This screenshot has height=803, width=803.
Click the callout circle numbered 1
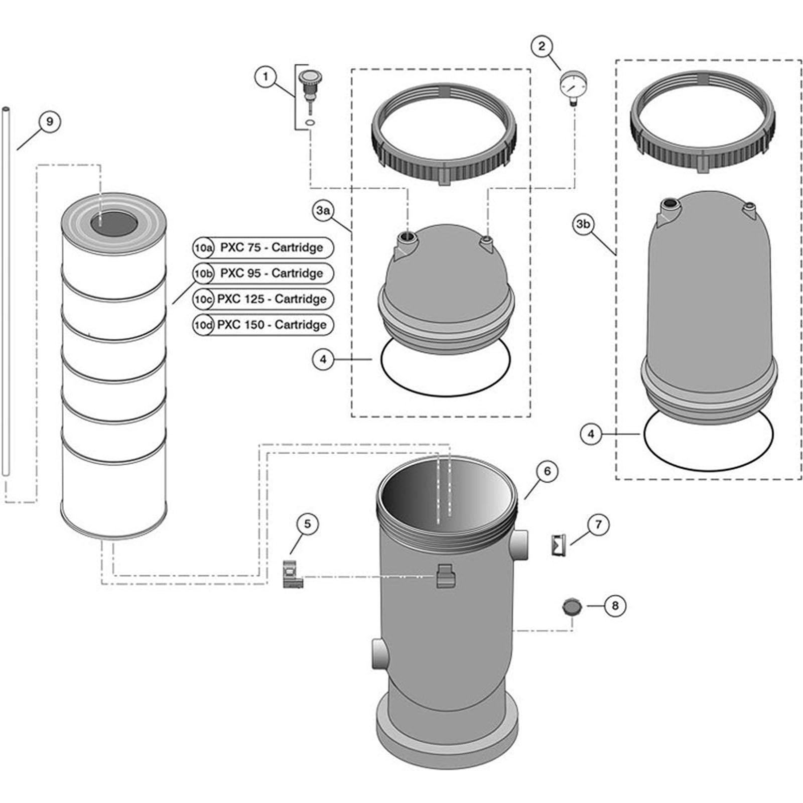point(265,77)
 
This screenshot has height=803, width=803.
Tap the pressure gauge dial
point(573,83)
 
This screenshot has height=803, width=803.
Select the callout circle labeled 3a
point(323,211)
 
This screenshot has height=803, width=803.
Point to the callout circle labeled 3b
point(583,224)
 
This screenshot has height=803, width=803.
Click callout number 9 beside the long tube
point(49,121)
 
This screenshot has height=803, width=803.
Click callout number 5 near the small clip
point(307,524)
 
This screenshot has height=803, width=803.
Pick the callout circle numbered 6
point(547,471)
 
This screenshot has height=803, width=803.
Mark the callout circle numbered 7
point(598,525)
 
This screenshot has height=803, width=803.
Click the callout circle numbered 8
point(615,606)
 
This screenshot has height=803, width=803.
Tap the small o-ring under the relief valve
point(310,123)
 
